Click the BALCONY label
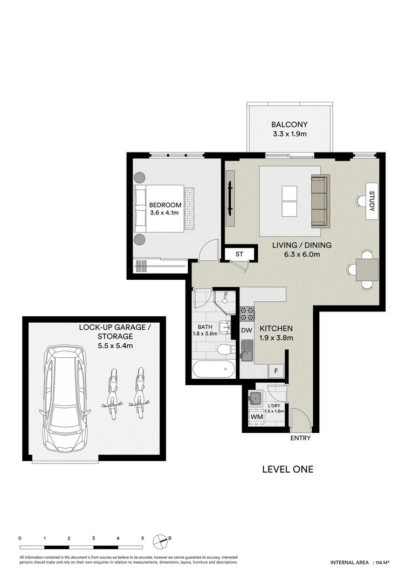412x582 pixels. (x=289, y=124)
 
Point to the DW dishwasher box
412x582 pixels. (x=246, y=330)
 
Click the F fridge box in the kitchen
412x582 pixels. (x=276, y=371)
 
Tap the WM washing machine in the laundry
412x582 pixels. (x=256, y=417)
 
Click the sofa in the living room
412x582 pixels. (x=319, y=201)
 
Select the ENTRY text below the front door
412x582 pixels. (x=300, y=438)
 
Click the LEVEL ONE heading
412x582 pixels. (x=287, y=469)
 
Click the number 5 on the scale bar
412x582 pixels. (x=142, y=538)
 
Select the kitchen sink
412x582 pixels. (x=248, y=350)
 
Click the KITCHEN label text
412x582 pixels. (x=276, y=328)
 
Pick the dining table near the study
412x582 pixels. (x=367, y=269)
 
